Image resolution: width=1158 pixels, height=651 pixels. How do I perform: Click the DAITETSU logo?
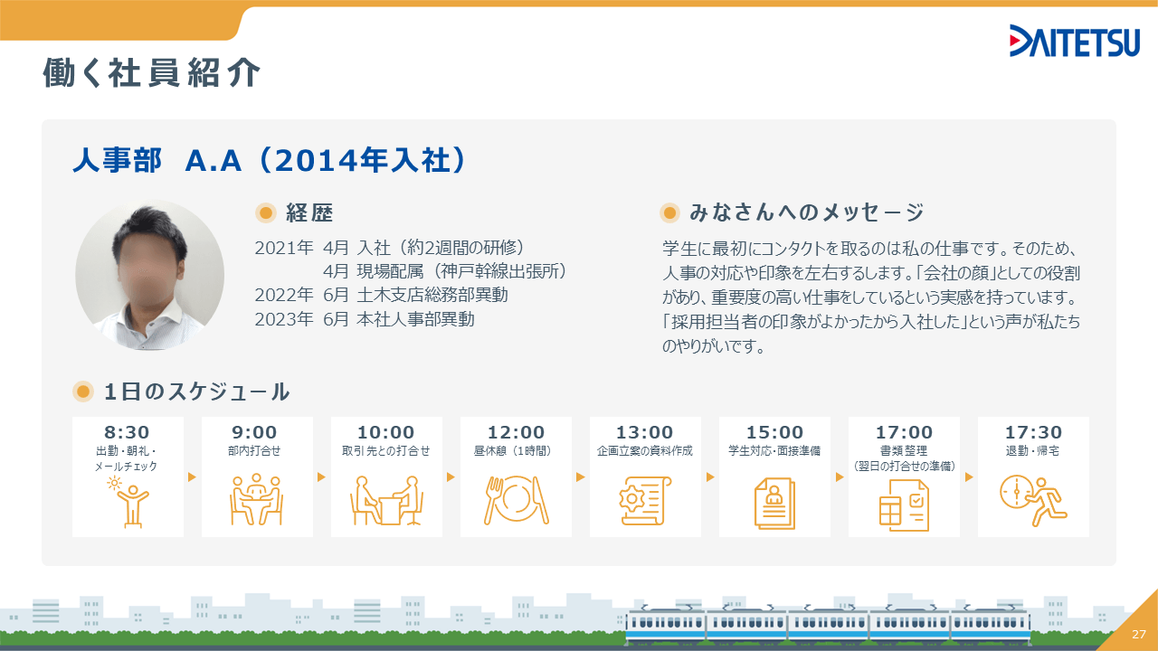pyautogui.click(x=1074, y=41)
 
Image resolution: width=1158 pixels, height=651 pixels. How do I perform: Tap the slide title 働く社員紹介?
pyautogui.click(x=152, y=73)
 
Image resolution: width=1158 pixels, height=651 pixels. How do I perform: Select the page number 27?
pyautogui.click(x=1139, y=634)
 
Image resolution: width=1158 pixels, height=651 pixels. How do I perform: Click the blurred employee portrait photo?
pyautogui.click(x=150, y=275)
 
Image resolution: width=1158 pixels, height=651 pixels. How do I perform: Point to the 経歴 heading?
pyautogui.click(x=309, y=212)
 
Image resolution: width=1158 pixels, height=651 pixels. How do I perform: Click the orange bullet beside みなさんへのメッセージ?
pyautogui.click(x=669, y=212)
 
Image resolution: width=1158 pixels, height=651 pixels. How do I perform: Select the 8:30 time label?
pyautogui.click(x=127, y=432)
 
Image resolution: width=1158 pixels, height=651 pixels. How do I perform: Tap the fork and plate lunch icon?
pyautogui.click(x=516, y=500)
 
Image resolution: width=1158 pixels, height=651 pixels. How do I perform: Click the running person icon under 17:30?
pyautogui.click(x=1033, y=500)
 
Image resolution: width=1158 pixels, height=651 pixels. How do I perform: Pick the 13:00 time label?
pyautogui.click(x=645, y=432)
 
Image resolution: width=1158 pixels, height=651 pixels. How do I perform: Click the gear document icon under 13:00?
pyautogui.click(x=645, y=501)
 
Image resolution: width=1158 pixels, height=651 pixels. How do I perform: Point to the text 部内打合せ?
pyautogui.click(x=254, y=451)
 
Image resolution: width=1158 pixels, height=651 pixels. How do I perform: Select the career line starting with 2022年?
pyautogui.click(x=382, y=295)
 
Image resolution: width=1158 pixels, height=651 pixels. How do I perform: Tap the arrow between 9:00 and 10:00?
pyautogui.click(x=321, y=476)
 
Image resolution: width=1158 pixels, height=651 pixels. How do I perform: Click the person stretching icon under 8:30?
pyautogui.click(x=128, y=502)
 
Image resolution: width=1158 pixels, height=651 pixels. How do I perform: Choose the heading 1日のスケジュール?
pyautogui.click(x=196, y=392)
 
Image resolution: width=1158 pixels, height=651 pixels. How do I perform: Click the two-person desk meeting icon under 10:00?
pyautogui.click(x=386, y=501)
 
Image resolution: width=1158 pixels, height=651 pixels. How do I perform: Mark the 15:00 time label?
pyautogui.click(x=774, y=432)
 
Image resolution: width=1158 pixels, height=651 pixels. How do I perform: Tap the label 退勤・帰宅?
pyautogui.click(x=1032, y=451)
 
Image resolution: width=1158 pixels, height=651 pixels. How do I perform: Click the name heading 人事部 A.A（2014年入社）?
pyautogui.click(x=270, y=160)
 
